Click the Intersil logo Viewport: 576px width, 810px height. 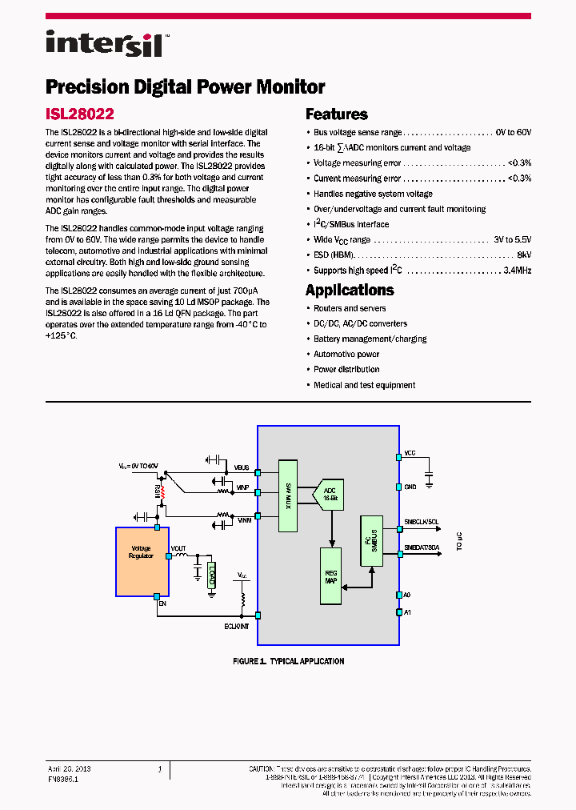(105, 44)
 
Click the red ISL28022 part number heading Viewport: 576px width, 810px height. (80, 114)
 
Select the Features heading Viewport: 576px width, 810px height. (337, 114)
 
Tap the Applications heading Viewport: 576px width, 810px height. (350, 291)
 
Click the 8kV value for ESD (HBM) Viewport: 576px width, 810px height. (523, 255)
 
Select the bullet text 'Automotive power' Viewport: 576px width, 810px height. (346, 354)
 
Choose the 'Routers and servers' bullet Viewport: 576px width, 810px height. (350, 308)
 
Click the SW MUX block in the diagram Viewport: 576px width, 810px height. (288, 496)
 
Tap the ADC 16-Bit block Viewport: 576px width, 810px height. (330, 493)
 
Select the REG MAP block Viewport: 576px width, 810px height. (330, 575)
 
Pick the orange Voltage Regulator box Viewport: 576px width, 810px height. (142, 561)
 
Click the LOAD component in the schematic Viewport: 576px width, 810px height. (211, 575)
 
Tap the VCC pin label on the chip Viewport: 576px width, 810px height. (410, 453)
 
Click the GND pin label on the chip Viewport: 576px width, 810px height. (410, 487)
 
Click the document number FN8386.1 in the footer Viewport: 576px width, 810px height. (63, 778)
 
